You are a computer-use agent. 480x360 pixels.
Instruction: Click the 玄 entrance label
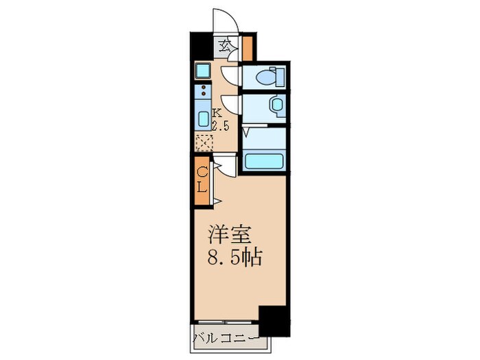coord(225,47)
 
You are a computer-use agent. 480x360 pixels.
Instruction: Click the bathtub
coord(263,162)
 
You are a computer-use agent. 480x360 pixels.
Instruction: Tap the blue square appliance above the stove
coord(204,70)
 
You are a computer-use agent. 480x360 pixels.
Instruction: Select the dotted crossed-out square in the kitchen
coord(204,143)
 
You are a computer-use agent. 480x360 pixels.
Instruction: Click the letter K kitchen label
coord(216,113)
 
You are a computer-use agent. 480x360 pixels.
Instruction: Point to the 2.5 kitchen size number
coord(219,125)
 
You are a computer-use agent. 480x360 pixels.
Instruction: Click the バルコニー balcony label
coord(226,338)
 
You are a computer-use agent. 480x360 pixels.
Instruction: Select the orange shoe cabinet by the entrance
coord(248,47)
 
